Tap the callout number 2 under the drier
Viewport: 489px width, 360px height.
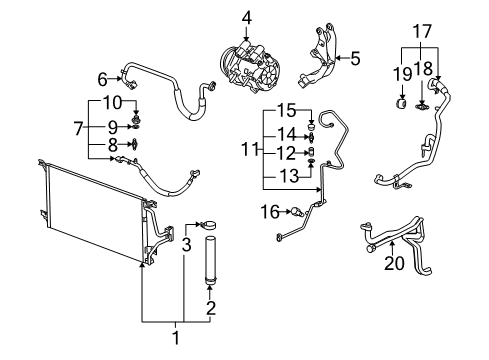point(211,307)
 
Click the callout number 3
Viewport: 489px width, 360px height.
point(186,244)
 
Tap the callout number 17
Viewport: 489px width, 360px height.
point(421,32)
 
